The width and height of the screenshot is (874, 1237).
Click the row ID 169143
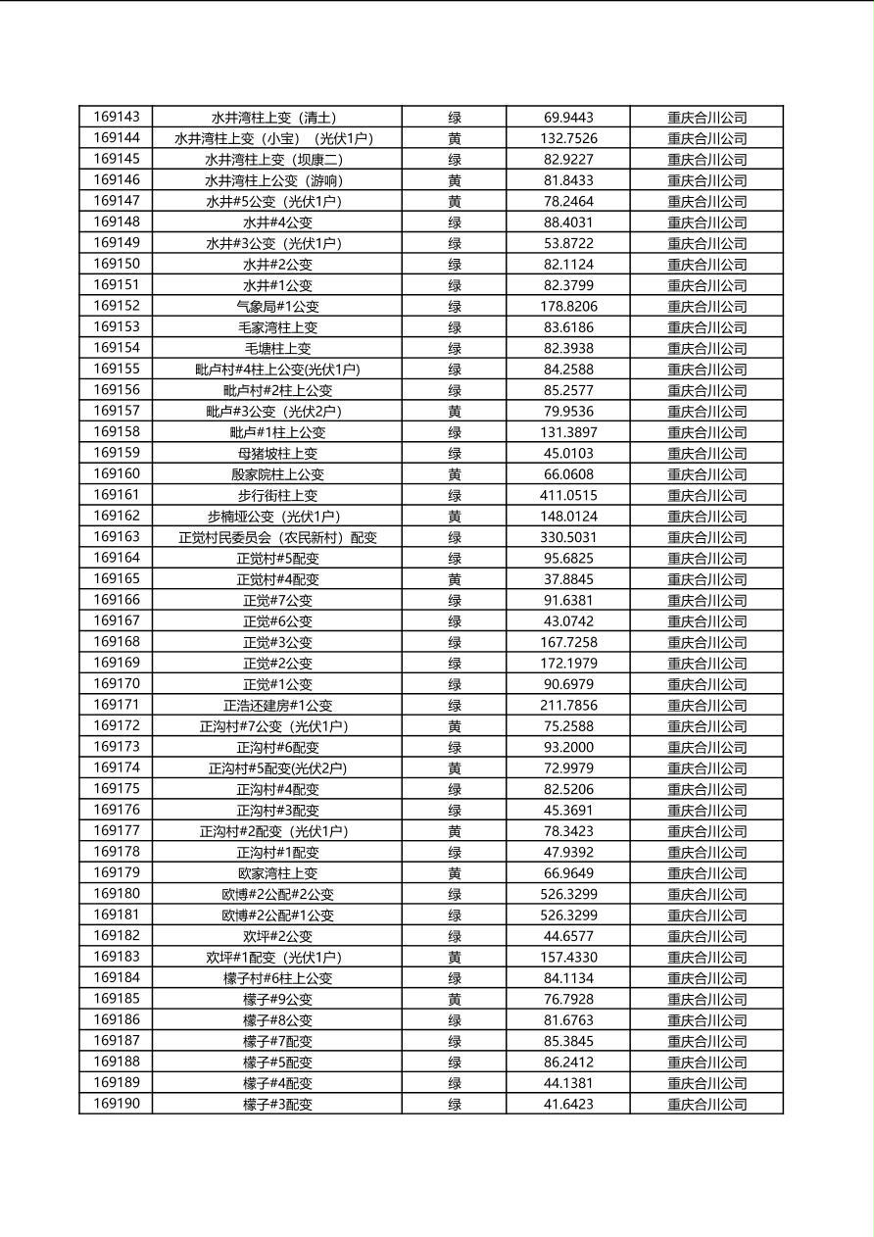tap(117, 118)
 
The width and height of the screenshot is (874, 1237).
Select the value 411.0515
tap(568, 495)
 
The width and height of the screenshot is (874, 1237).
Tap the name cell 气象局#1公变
tap(277, 306)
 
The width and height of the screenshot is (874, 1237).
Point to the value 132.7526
tap(568, 138)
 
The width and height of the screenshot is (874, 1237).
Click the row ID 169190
tap(117, 1104)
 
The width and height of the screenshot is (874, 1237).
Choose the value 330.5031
tap(568, 537)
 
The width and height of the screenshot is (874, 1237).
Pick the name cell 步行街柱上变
tap(277, 495)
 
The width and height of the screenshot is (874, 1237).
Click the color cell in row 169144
tap(455, 138)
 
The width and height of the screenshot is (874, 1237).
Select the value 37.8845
tap(568, 579)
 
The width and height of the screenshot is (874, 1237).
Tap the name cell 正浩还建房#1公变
tap(277, 705)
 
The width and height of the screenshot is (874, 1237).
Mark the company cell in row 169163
tap(706, 537)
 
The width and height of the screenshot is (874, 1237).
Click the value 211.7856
tap(568, 705)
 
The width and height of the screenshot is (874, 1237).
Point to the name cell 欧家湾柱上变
tap(277, 873)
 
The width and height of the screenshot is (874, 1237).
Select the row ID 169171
tap(117, 705)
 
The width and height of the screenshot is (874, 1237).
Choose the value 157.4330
tap(568, 957)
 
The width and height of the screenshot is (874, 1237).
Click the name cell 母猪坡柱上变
tap(277, 453)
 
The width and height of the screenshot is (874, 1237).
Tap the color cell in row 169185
tap(455, 999)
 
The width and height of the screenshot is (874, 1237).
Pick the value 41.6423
tap(568, 1104)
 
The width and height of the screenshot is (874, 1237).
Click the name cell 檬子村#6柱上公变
tap(277, 978)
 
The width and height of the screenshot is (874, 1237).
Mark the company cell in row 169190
tap(706, 1104)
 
